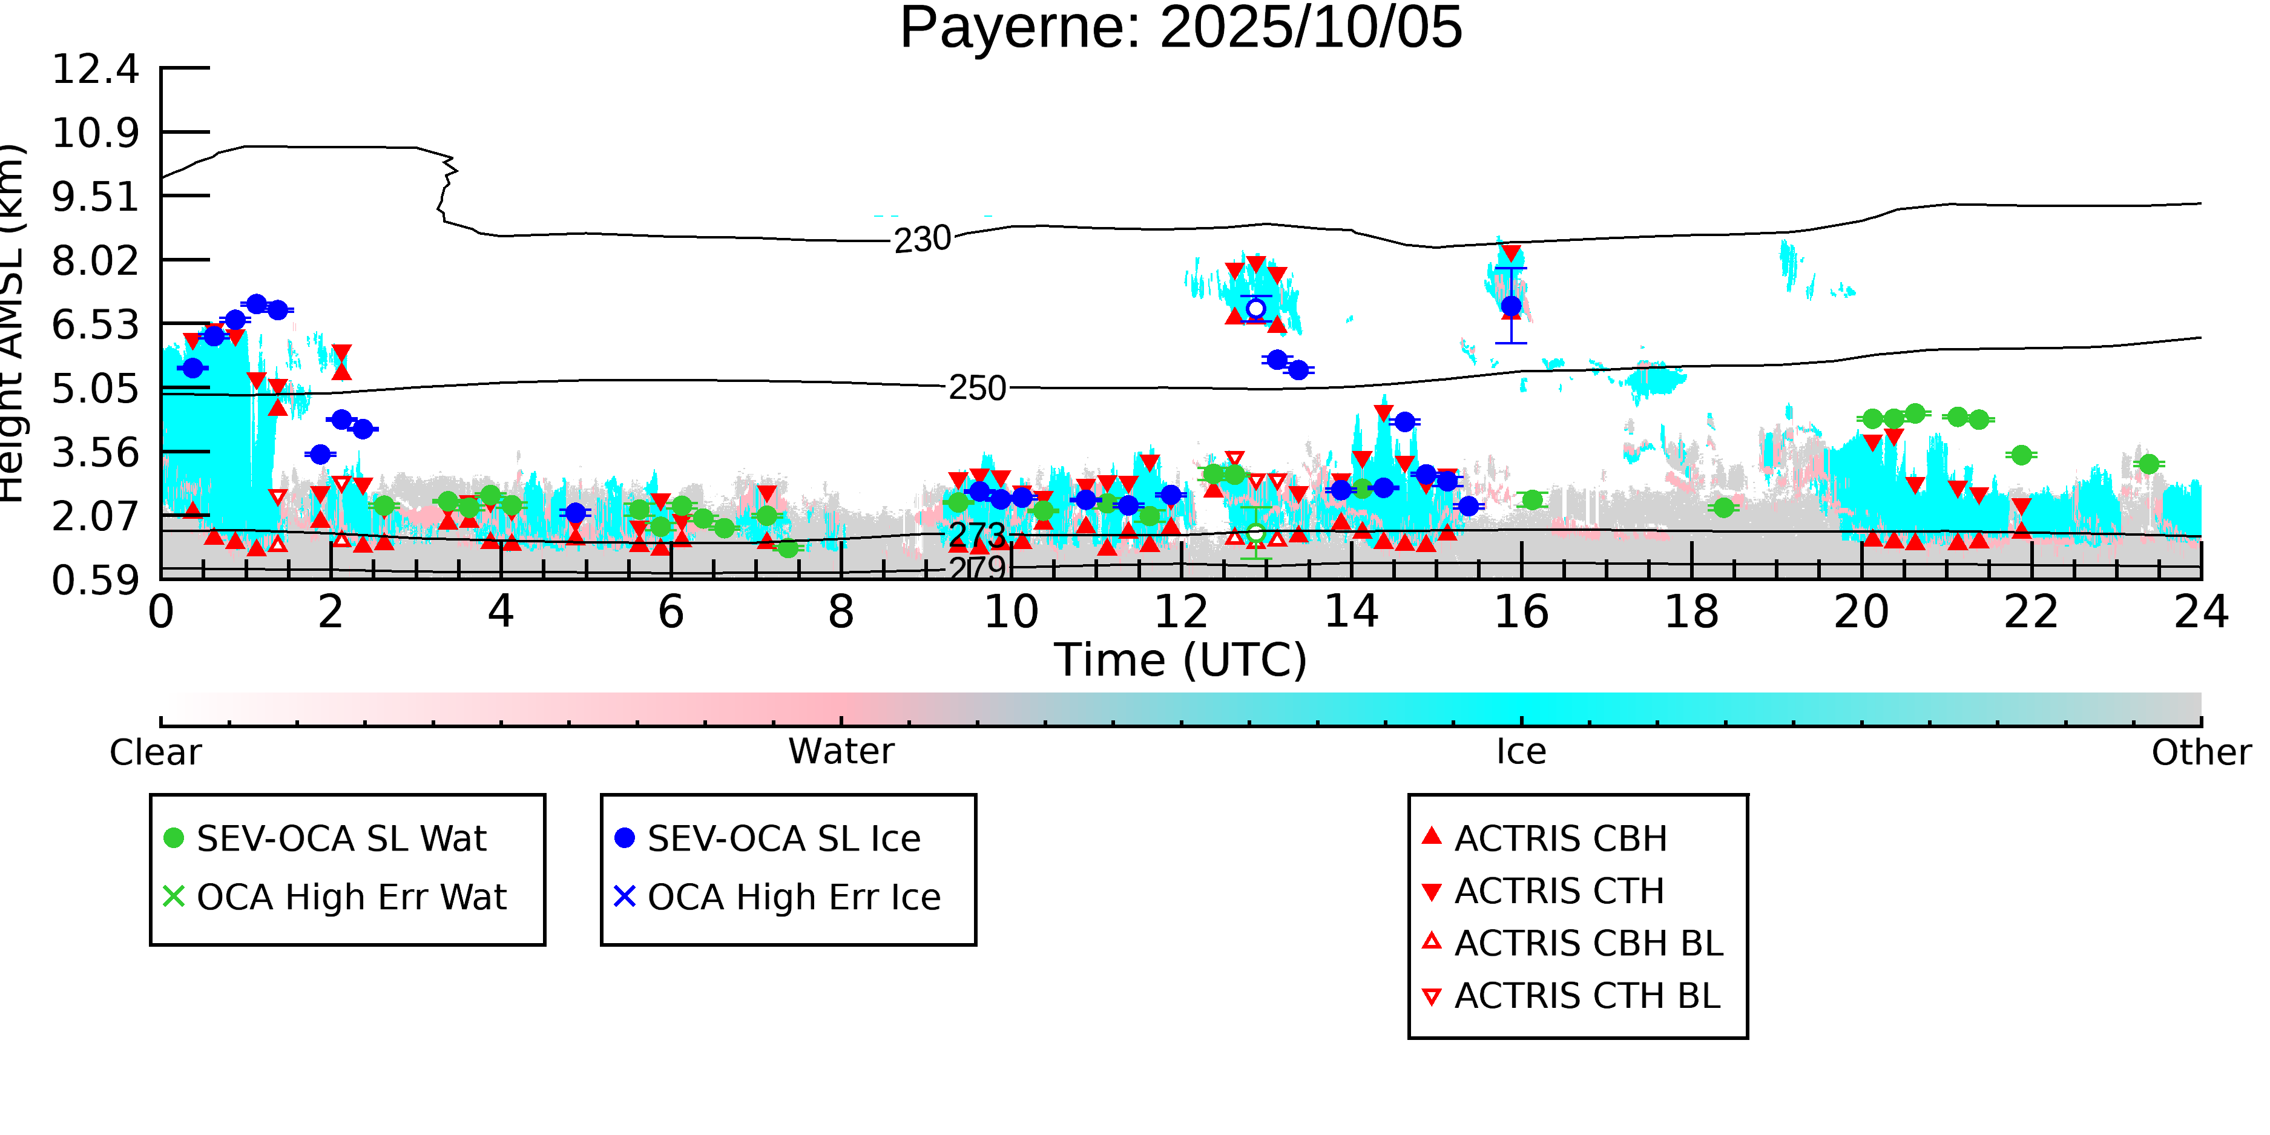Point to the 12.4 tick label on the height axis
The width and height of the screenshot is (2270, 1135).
pyautogui.click(x=95, y=69)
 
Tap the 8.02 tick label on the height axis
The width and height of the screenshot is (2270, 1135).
pyautogui.click(x=95, y=261)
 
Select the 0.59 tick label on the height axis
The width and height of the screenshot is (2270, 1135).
pyautogui.click(x=95, y=581)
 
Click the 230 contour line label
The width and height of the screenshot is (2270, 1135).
pyautogui.click(x=922, y=240)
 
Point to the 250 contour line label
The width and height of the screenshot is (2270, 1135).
pyautogui.click(x=976, y=388)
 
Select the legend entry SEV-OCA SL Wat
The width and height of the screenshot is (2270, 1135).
pyautogui.click(x=341, y=838)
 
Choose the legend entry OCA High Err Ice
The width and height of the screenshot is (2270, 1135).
pyautogui.click(x=793, y=897)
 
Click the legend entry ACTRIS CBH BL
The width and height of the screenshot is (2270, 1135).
pyautogui.click(x=1588, y=943)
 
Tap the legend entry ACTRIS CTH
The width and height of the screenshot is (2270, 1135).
pyautogui.click(x=1558, y=891)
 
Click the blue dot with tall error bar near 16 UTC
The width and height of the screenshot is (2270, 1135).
pyautogui.click(x=1510, y=306)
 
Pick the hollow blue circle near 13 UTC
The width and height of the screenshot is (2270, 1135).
pyautogui.click(x=1255, y=309)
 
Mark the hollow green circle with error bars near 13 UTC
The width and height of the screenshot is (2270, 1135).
pyautogui.click(x=1255, y=533)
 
